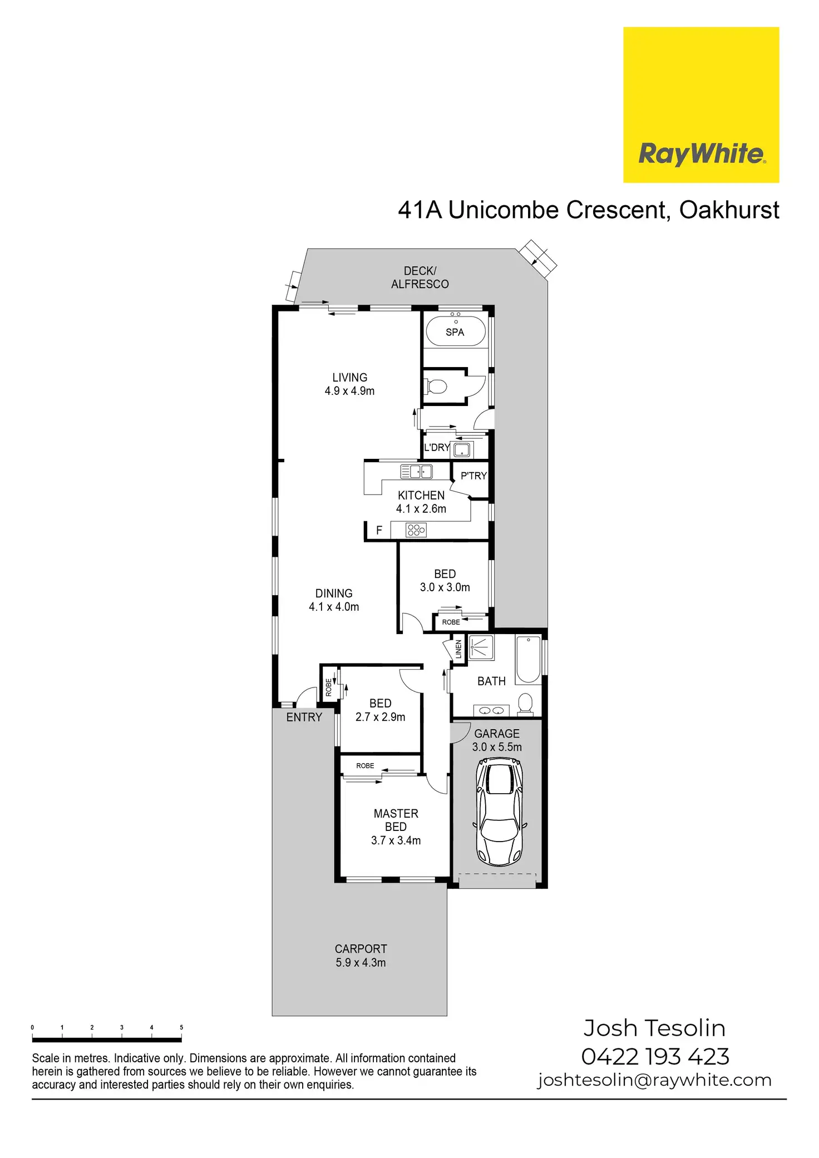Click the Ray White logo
tap(701, 105)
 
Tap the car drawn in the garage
tap(500, 813)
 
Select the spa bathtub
tap(456, 331)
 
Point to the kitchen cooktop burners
tap(416, 530)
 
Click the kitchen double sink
tap(416, 472)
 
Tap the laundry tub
tap(462, 449)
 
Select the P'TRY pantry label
tap(473, 476)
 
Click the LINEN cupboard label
tap(458, 649)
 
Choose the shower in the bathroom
tap(481, 647)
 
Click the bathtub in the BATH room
tap(528, 659)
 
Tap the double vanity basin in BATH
tap(492, 710)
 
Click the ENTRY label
tap(304, 717)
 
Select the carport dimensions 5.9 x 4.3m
tap(361, 963)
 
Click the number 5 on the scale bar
tap(181, 1027)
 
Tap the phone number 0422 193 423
tap(655, 1057)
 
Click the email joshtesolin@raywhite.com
tap(654, 1080)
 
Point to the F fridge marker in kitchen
tap(379, 531)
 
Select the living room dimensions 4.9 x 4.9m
tap(349, 391)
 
